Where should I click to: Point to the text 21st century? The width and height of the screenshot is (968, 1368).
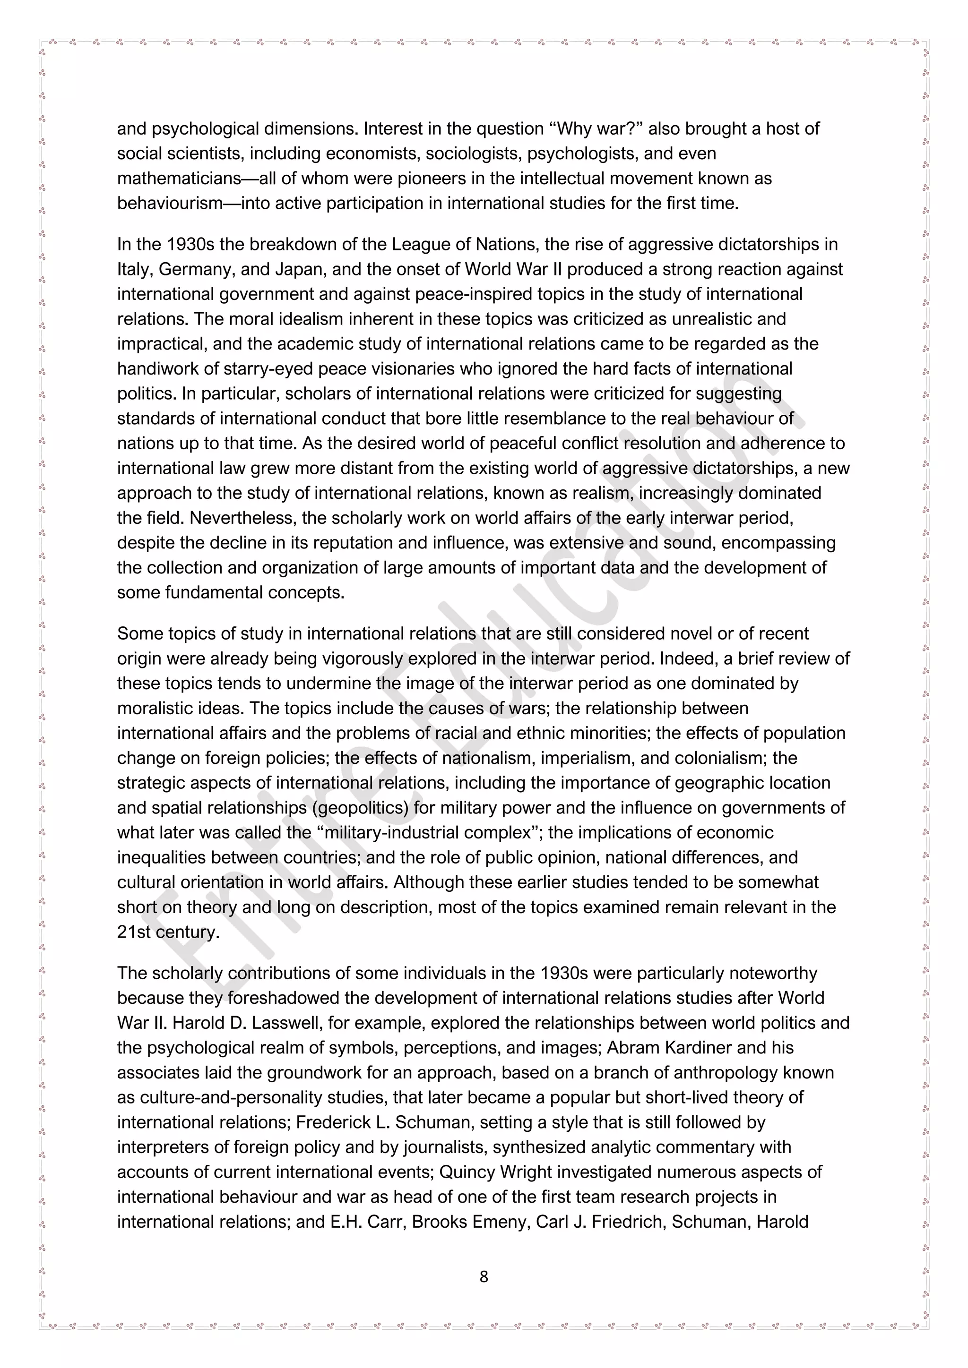tap(168, 932)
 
